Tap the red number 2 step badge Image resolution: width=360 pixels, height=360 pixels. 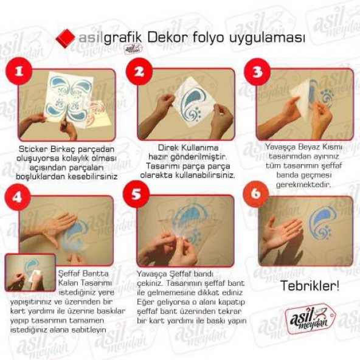pos(140,72)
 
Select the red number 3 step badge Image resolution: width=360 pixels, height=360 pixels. pos(257,72)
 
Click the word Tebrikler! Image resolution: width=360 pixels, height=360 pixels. pos(310,286)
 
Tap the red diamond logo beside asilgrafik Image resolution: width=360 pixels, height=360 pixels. pos(65,38)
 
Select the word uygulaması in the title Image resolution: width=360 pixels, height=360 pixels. pos(266,38)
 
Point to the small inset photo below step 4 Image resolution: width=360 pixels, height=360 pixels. pos(30,272)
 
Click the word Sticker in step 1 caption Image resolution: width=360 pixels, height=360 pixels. pos(36,148)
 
